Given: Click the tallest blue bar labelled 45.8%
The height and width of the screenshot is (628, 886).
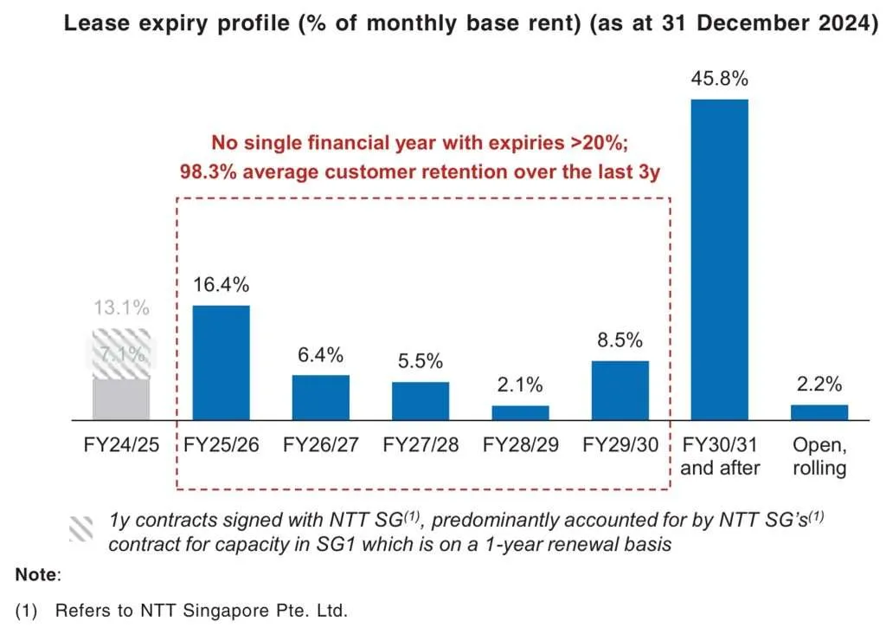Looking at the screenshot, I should pos(718,260).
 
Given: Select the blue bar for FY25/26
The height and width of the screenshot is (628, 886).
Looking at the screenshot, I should pos(220,363).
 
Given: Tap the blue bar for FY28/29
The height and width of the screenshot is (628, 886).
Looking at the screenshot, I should pos(520,412).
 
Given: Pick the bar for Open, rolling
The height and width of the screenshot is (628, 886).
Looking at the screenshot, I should pos(819,412).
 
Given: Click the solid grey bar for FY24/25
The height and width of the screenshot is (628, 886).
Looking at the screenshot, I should pos(121,399).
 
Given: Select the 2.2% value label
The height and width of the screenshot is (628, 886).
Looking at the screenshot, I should pos(819,386).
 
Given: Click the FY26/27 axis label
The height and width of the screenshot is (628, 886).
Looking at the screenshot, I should pos(320,446).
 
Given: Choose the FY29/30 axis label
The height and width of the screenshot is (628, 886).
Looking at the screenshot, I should pos(620,446).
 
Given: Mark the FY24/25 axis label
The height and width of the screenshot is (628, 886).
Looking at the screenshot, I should pos(121,446).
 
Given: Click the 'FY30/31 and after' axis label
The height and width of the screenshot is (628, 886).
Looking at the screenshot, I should pos(720,456).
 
